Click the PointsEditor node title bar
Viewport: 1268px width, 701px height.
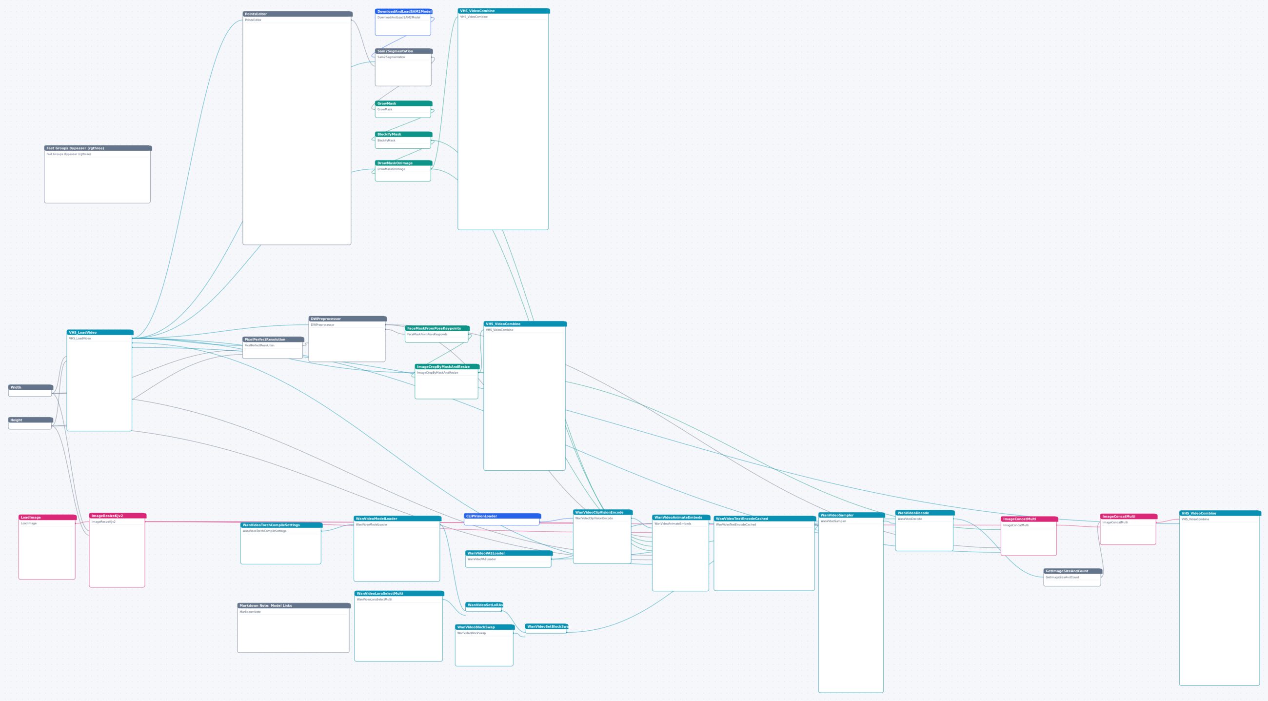point(297,14)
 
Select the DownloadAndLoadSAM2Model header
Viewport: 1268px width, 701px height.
point(404,11)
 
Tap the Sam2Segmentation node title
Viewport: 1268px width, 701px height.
point(404,51)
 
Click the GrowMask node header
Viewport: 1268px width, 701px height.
point(404,103)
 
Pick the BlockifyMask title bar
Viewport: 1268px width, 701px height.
point(404,134)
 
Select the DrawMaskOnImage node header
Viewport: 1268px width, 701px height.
point(404,163)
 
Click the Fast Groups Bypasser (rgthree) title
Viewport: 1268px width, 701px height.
point(98,148)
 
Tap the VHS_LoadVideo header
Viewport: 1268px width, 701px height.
point(100,333)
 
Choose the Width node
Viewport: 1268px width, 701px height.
point(31,390)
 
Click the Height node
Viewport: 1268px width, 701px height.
point(31,423)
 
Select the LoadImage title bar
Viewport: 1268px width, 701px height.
point(47,518)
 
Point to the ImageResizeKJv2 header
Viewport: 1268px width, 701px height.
point(118,516)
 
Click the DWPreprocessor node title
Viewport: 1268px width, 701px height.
point(348,319)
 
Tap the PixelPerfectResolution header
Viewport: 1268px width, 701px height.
point(273,340)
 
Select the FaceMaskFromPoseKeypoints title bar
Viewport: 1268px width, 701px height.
point(437,328)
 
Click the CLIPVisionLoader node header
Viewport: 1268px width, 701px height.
point(502,517)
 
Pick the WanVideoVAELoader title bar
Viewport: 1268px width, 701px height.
point(509,553)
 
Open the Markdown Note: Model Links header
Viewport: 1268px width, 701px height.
point(294,606)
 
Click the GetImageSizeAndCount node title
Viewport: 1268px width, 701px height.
point(1072,572)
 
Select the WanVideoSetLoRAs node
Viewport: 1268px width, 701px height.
point(484,607)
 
